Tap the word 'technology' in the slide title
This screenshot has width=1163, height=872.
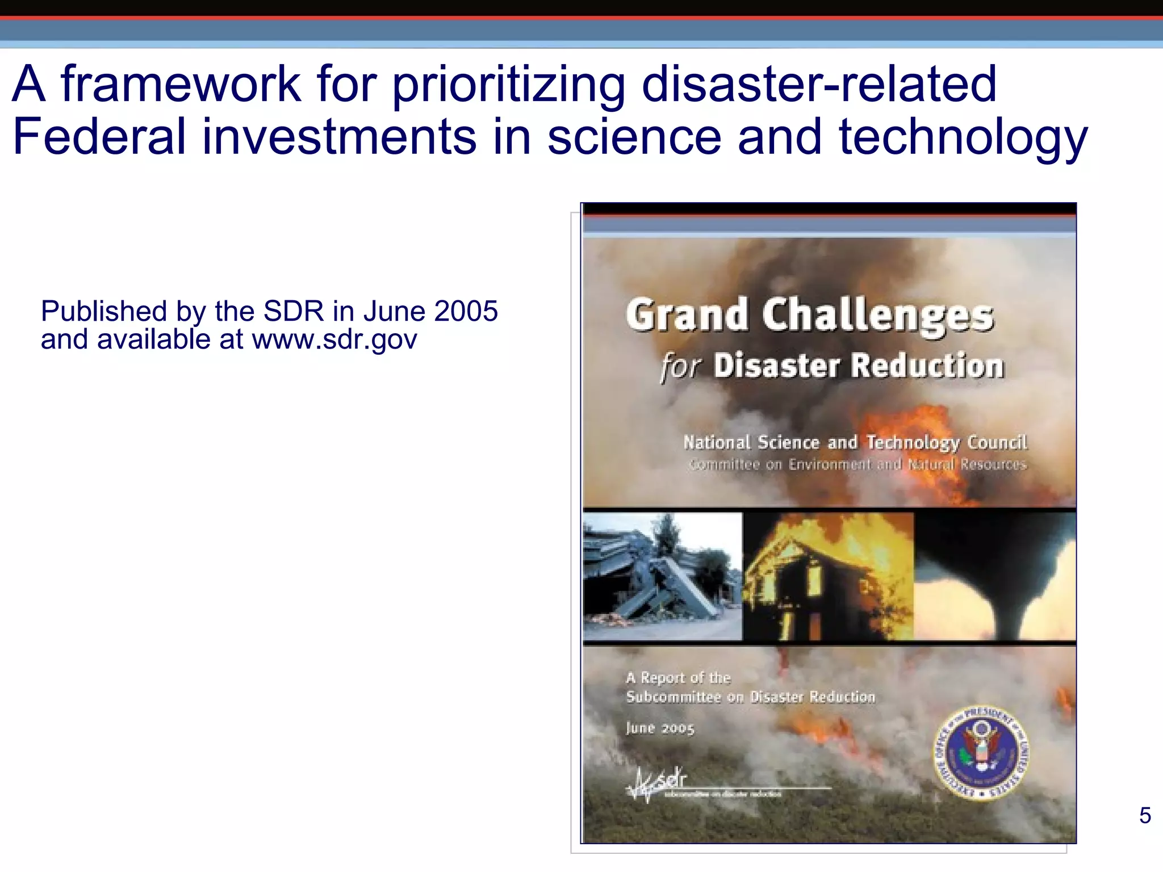(x=963, y=137)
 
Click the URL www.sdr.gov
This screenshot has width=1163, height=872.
(x=334, y=339)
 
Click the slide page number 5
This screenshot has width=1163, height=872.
(x=1145, y=816)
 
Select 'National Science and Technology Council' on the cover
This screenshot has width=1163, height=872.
(x=855, y=442)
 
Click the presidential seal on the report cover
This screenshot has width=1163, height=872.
(x=981, y=753)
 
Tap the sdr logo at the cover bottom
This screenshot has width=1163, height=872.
(x=659, y=784)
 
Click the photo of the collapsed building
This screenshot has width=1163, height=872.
(x=662, y=576)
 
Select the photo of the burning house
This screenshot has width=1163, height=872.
(x=828, y=576)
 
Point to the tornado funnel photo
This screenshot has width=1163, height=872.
(x=995, y=576)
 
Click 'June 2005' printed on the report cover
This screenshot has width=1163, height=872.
(x=660, y=728)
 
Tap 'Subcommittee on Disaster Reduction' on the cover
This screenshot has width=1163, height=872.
(x=750, y=697)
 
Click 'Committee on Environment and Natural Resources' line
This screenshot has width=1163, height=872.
(x=857, y=465)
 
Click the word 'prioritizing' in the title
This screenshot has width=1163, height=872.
(x=509, y=85)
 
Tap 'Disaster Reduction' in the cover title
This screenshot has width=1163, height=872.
(x=859, y=366)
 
